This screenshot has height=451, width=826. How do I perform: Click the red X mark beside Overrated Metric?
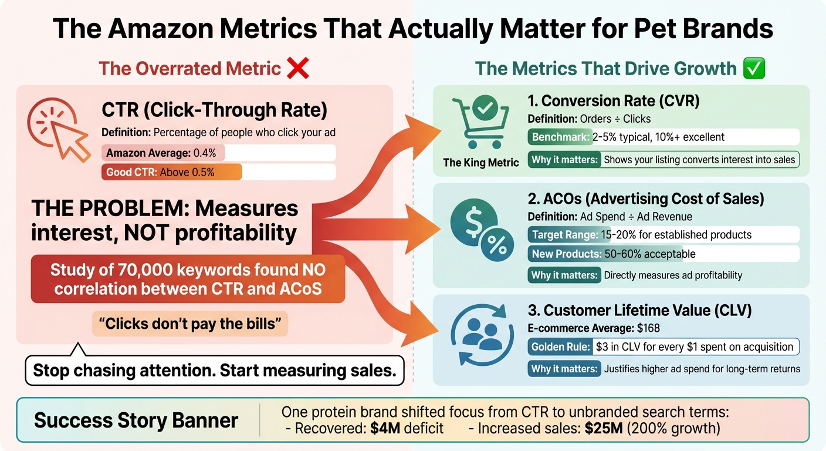[298, 69]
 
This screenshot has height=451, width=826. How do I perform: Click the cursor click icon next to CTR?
[58, 129]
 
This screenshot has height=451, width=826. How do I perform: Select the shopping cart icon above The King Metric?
[480, 123]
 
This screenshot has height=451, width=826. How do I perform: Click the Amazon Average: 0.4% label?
[161, 153]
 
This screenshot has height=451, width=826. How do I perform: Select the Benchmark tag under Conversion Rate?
[560, 137]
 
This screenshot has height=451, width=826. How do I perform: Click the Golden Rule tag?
[560, 347]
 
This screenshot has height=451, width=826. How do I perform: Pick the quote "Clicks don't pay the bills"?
[190, 324]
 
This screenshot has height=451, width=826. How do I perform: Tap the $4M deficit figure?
[385, 428]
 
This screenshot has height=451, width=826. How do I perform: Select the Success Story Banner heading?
[136, 420]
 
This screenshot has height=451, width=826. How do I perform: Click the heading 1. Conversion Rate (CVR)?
[614, 101]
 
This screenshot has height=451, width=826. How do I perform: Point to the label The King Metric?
[480, 163]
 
